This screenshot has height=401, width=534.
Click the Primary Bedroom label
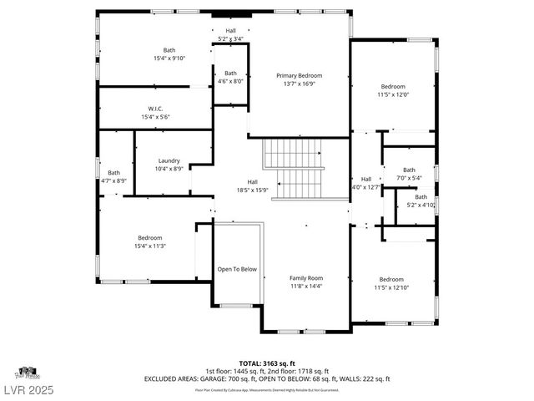[x=299, y=75]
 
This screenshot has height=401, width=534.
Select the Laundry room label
[x=169, y=160]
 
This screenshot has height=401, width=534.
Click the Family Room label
[x=305, y=278]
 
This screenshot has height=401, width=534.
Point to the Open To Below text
[x=237, y=270]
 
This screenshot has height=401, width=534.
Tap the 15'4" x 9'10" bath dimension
[x=169, y=58]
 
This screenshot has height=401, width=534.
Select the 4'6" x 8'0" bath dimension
[x=229, y=81]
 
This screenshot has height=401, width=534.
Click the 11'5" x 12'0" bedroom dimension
[x=393, y=94]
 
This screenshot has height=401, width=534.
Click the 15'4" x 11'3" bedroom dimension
[x=150, y=246]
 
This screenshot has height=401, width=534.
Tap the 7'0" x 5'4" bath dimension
[x=409, y=177]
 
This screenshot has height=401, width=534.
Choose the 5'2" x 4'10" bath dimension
[x=421, y=205]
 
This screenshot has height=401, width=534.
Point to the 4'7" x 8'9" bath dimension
[x=113, y=180]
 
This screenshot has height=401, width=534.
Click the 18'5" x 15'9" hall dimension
[x=252, y=190]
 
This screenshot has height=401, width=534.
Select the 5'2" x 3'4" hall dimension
[x=230, y=38]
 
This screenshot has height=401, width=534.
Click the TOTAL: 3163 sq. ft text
[x=268, y=363]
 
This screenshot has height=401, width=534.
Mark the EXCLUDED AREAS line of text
[x=268, y=378]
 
